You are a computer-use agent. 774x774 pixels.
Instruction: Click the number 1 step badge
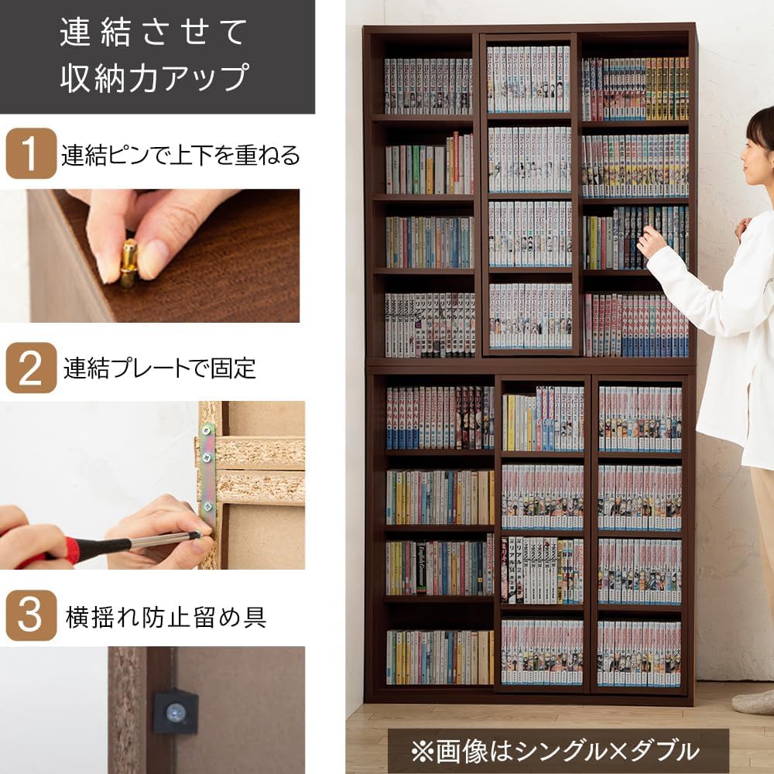[x=31, y=153]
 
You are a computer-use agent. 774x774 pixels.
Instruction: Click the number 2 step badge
[x=31, y=368]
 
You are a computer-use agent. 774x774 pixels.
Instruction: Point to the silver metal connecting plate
[x=207, y=472]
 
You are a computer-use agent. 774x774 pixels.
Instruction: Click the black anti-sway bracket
[x=175, y=711]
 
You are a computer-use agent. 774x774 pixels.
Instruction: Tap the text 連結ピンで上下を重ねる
[x=180, y=155]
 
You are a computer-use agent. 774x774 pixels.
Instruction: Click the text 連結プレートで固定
[x=159, y=368]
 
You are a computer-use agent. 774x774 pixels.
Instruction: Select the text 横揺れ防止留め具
[x=166, y=617]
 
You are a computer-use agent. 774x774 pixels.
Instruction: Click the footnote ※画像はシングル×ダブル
[x=556, y=750]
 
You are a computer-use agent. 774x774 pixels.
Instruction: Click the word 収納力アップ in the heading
[x=155, y=78]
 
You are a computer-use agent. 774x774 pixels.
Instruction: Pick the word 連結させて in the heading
[x=155, y=33]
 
